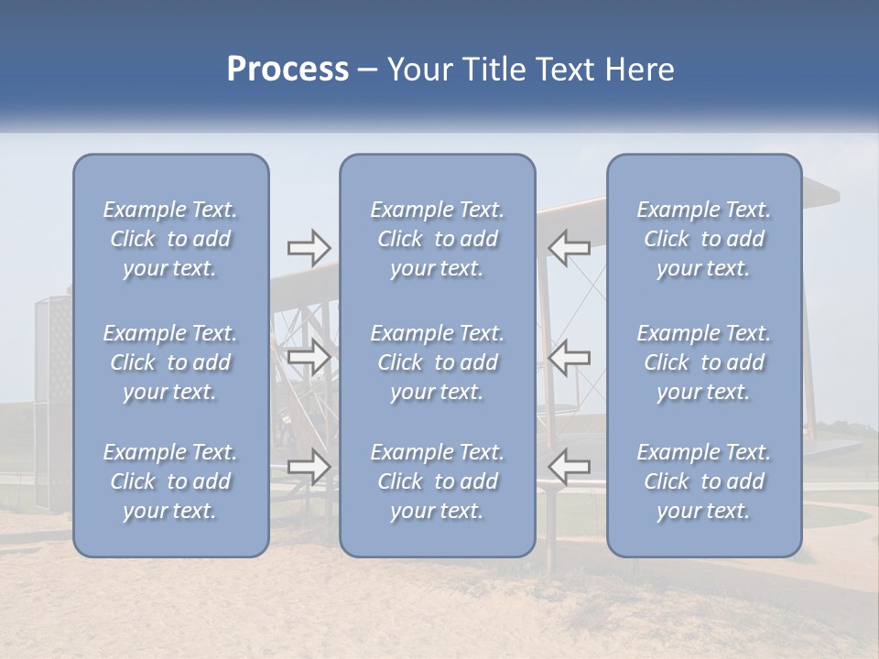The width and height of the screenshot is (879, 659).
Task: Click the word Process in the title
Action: click(x=288, y=70)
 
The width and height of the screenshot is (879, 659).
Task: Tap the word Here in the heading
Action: click(x=640, y=70)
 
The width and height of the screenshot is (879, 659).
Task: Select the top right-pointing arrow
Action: click(x=309, y=247)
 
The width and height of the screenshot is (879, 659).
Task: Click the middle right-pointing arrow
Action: click(x=309, y=356)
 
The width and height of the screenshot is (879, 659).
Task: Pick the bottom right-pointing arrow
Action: click(x=309, y=466)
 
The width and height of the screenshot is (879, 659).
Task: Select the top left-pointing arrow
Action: click(x=569, y=247)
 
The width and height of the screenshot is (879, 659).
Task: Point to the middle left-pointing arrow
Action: click(x=569, y=356)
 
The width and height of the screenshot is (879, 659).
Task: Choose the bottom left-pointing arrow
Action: click(x=569, y=466)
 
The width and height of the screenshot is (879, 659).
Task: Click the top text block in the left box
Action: click(x=170, y=239)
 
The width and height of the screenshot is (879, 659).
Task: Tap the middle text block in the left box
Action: click(x=170, y=362)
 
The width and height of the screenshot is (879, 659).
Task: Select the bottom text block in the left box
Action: click(x=170, y=481)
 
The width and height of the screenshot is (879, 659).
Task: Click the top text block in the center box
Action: click(x=438, y=239)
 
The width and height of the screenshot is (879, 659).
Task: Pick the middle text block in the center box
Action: click(x=438, y=362)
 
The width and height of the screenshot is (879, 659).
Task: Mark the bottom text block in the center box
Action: click(x=438, y=481)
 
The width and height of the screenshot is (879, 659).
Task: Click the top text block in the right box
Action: click(x=704, y=239)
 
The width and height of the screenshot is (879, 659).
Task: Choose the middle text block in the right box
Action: click(x=704, y=362)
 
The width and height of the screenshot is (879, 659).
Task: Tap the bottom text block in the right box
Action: click(x=704, y=481)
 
